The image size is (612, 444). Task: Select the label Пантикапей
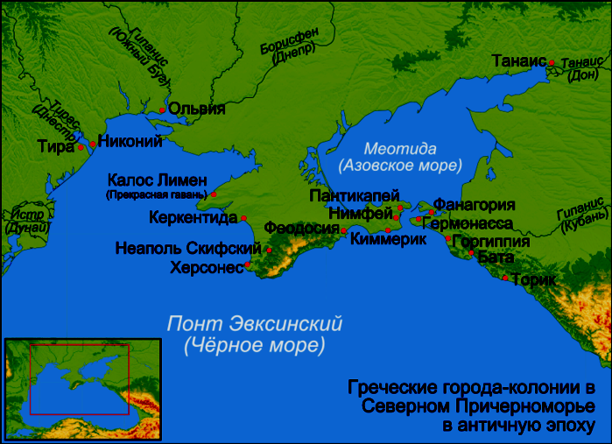354,195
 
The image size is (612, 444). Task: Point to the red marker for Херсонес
248,264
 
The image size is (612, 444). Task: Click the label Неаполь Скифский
188,249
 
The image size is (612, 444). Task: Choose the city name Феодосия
301,228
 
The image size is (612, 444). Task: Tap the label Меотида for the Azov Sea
399,149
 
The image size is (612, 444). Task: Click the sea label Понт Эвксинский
254,324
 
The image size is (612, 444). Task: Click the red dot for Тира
81,147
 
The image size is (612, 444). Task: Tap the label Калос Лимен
158,180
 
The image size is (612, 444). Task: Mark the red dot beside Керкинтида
243,218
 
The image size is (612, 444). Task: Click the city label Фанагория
474,205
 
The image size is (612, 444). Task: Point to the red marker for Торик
504,278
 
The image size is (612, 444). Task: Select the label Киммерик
381,239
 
